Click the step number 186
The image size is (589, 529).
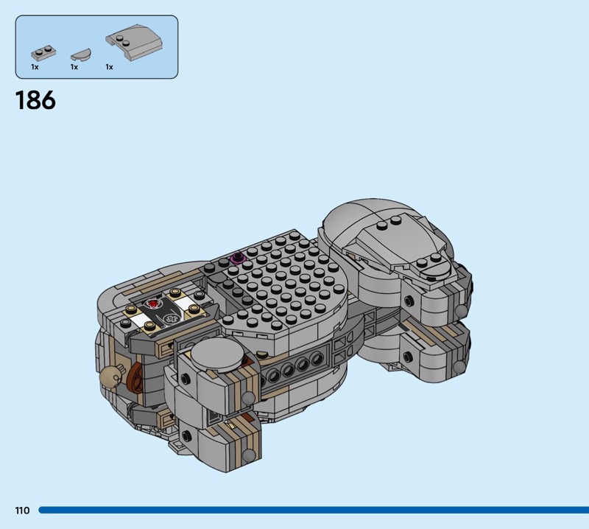pyautogui.click(x=35, y=100)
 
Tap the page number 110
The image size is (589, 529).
pyautogui.click(x=22, y=510)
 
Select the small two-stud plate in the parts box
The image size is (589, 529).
pyautogui.click(x=43, y=53)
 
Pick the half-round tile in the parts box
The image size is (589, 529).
pyautogui.click(x=81, y=55)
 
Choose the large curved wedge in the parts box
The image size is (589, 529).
pyautogui.click(x=135, y=42)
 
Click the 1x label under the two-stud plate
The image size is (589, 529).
pyautogui.click(x=35, y=67)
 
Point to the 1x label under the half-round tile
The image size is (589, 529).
pyautogui.click(x=74, y=67)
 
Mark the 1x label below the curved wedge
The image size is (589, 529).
pyautogui.click(x=109, y=67)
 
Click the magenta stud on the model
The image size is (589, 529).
pyautogui.click(x=237, y=258)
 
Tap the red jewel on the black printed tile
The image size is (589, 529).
pyautogui.click(x=153, y=303)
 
